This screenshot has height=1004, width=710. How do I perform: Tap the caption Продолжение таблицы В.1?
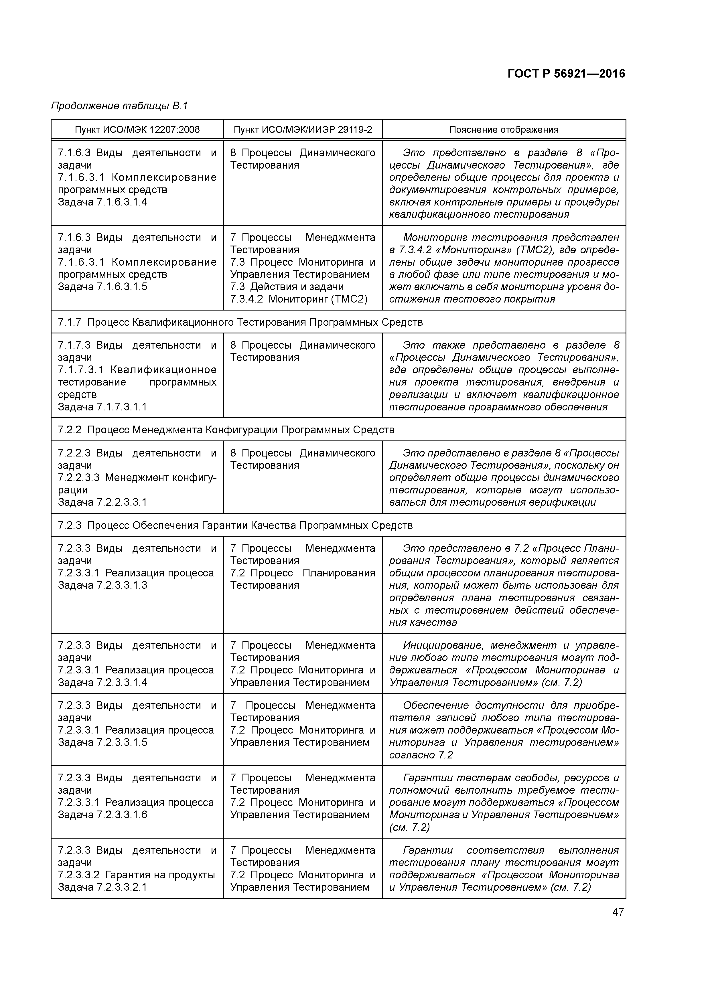tap(119, 106)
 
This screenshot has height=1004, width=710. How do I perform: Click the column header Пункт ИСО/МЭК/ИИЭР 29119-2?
tap(303, 129)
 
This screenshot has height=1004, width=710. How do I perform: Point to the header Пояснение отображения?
tap(504, 129)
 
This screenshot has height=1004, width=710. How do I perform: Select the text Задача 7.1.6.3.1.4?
tap(102, 202)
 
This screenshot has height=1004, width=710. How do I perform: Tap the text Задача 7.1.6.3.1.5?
tap(102, 287)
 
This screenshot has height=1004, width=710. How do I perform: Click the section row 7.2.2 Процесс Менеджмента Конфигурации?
tap(226, 430)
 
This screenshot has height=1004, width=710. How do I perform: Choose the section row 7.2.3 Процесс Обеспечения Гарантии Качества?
tap(235, 525)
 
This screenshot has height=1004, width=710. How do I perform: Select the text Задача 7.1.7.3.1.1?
tap(102, 407)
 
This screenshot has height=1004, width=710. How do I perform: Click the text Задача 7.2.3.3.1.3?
tap(102, 586)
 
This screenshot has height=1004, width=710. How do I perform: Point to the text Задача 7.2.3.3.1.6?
tap(102, 815)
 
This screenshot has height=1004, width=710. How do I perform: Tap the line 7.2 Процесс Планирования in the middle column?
tap(303, 573)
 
